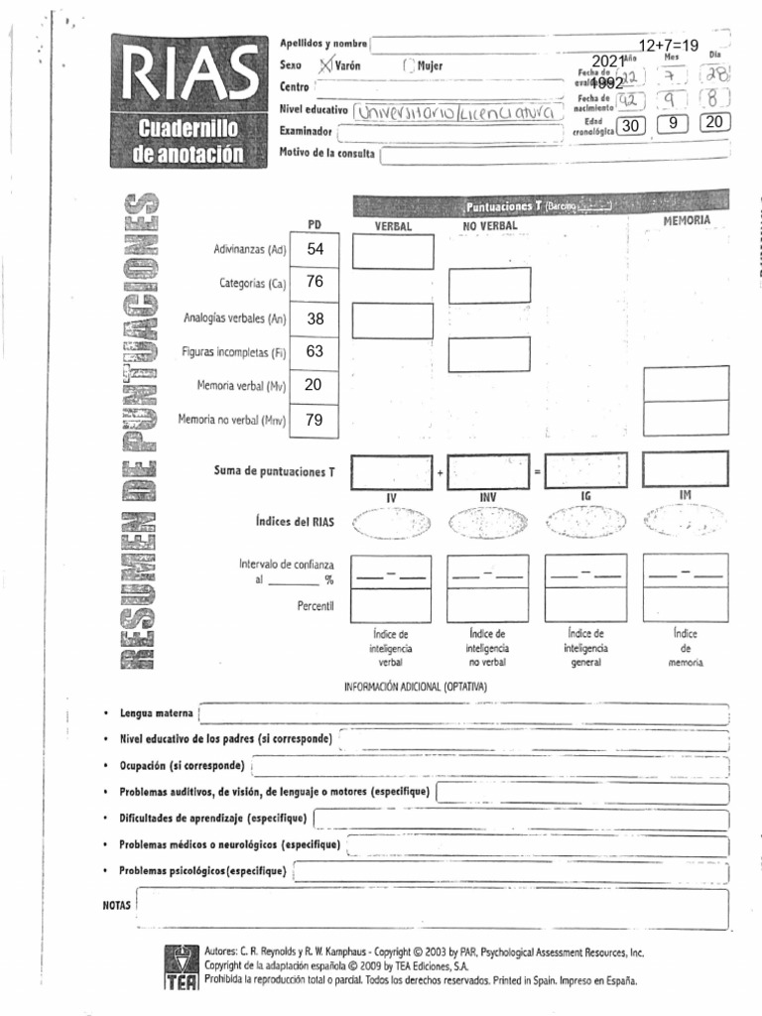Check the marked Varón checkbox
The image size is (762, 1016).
[x=324, y=65]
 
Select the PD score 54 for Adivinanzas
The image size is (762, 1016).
[x=316, y=249]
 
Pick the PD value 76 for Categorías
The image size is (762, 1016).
[x=316, y=282]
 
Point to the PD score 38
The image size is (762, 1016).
[x=316, y=318]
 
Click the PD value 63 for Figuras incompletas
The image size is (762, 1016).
[x=316, y=351]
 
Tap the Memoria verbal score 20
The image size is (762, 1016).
[x=314, y=385]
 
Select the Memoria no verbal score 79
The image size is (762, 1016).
[x=315, y=420]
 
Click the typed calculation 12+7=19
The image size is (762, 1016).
[x=669, y=46]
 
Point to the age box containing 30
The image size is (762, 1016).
[x=631, y=124]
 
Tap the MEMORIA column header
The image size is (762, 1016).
[x=687, y=220]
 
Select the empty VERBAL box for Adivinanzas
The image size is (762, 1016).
[x=393, y=252]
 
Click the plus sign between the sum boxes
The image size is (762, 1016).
[x=440, y=472]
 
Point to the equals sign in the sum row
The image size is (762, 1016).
[x=537, y=472]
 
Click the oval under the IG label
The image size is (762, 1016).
[x=585, y=521]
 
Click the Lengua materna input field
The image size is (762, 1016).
[x=464, y=712]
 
